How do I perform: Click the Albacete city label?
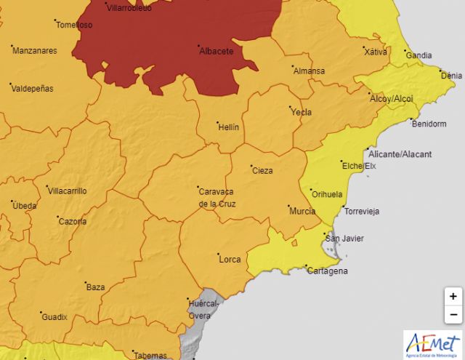(216, 52)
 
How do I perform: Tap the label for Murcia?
(302, 211)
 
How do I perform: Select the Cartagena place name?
(327, 271)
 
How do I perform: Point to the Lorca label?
(229, 258)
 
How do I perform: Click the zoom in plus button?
(453, 296)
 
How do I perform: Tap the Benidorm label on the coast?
(429, 124)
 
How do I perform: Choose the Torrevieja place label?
(362, 212)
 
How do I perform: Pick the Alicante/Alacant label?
(400, 154)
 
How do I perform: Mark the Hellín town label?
(228, 127)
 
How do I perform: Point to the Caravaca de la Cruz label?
(217, 197)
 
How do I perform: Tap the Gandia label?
(418, 55)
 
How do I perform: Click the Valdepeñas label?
(33, 88)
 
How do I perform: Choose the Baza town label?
(96, 287)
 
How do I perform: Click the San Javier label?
(344, 239)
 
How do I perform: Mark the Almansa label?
(309, 71)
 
